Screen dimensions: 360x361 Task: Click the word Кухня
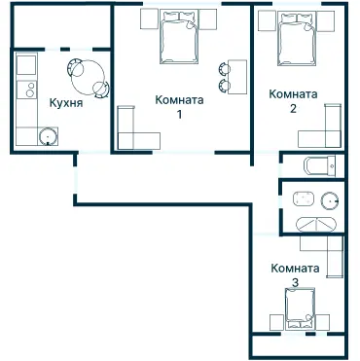(x=66, y=103)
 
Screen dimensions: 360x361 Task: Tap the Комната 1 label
(x=179, y=106)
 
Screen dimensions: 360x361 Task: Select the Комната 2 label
(x=293, y=101)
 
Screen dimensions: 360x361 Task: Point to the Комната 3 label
(x=295, y=275)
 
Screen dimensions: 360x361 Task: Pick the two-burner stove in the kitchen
(x=26, y=90)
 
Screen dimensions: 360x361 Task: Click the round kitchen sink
(x=49, y=136)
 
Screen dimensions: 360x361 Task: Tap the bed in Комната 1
(x=179, y=36)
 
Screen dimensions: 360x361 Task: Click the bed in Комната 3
(x=301, y=308)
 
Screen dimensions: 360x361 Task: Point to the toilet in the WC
(x=320, y=166)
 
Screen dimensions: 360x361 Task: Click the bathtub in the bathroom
(x=317, y=224)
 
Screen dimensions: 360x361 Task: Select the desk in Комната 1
(x=237, y=77)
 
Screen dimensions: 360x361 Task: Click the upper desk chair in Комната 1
(x=224, y=68)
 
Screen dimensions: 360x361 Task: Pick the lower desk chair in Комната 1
(x=224, y=86)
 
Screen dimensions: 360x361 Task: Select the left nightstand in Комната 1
(x=150, y=18)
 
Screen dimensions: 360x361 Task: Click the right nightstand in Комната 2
(x=325, y=21)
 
